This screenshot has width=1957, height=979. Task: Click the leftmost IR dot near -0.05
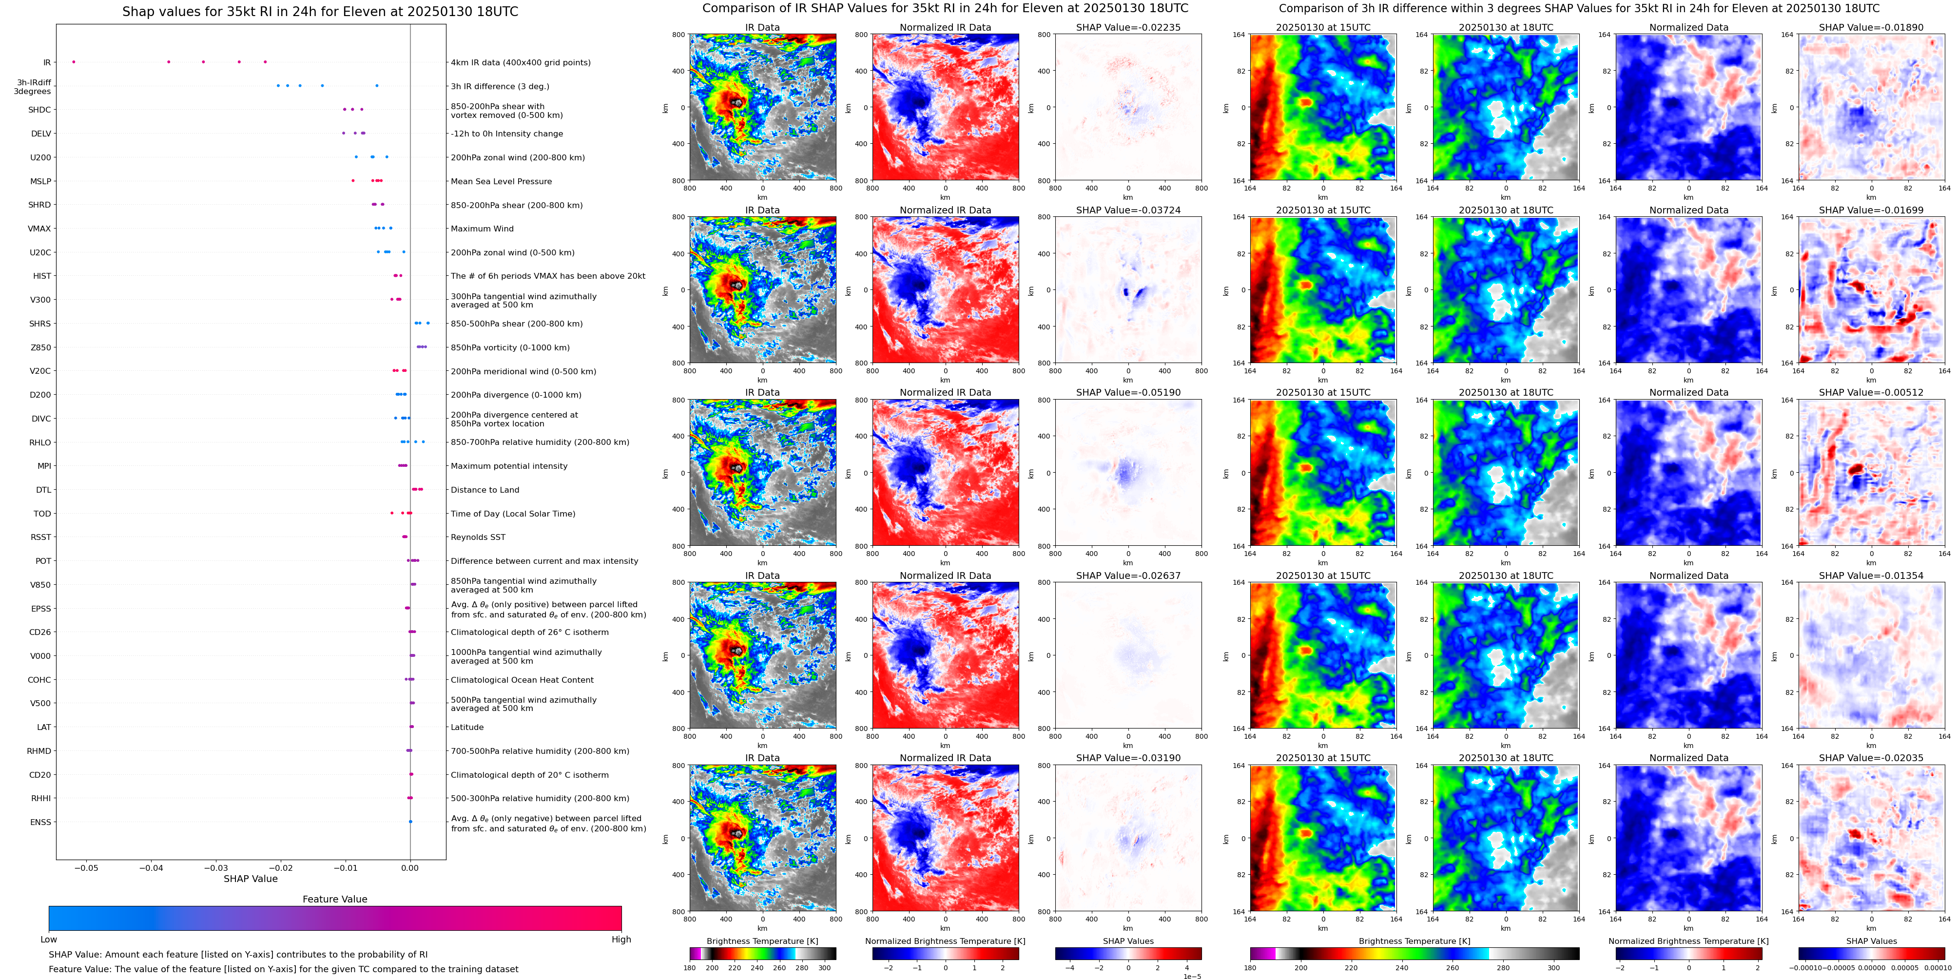[74, 61]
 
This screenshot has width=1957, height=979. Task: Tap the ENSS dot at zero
[410, 822]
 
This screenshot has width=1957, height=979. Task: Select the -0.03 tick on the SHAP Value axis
[216, 868]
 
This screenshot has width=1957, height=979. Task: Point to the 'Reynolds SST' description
[478, 537]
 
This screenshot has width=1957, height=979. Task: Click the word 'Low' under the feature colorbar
[49, 940]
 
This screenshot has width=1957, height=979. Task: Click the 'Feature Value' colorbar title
[334, 899]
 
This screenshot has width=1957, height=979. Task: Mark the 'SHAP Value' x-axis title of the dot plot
[251, 879]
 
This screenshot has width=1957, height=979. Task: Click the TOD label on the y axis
[42, 514]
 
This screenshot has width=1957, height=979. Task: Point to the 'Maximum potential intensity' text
[509, 466]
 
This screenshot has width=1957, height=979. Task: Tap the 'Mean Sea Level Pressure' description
[501, 181]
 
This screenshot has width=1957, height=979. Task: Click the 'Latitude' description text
[467, 728]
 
